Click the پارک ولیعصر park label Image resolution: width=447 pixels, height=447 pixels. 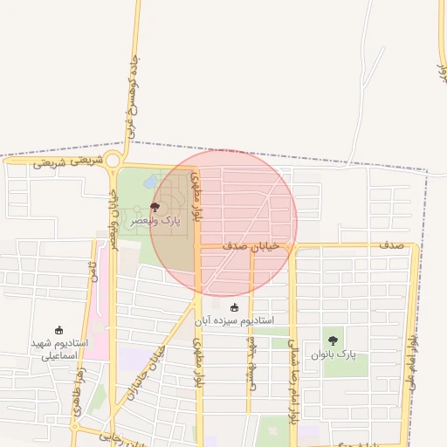[x=155, y=222]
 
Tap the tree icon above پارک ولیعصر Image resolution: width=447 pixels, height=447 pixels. [x=155, y=207]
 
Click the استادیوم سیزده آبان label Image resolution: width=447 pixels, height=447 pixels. [x=233, y=320]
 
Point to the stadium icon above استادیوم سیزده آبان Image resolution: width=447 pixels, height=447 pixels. [x=233, y=307]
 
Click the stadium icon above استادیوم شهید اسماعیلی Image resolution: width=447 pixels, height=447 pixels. [x=58, y=330]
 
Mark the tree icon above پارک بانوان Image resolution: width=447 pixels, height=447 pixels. [x=332, y=340]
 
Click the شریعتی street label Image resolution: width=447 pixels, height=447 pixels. [x=68, y=161]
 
